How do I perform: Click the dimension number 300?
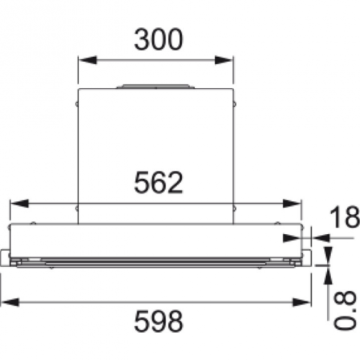pos(158,40)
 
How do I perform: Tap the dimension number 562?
pos(158,182)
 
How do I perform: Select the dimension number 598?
pos(158,321)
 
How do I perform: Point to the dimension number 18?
pos(345,217)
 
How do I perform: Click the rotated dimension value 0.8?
pos(345,311)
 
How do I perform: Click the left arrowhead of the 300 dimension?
pos(88,60)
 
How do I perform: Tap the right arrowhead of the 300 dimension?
pos(224,60)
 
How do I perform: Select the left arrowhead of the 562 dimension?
pos(19,204)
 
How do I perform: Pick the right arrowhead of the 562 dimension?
pos(292,204)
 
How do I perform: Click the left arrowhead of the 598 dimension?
pos(9,302)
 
